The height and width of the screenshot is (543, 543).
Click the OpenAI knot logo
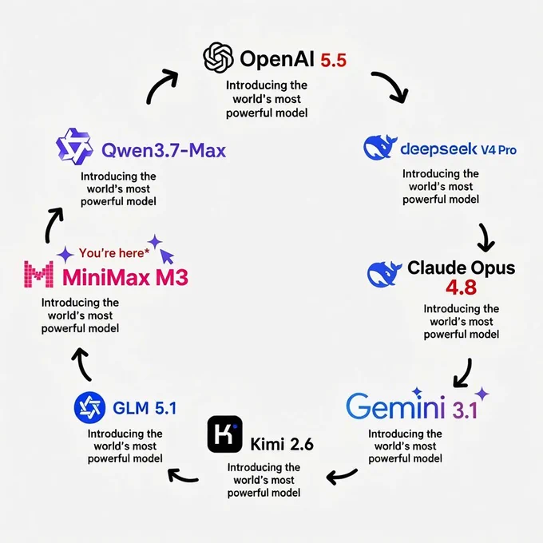coord(218,57)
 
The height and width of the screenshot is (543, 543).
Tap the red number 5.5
coord(333,60)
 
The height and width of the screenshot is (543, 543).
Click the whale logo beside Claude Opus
coord(383,274)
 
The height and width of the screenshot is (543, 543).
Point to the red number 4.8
coord(461,287)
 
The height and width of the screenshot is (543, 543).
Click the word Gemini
coord(395,406)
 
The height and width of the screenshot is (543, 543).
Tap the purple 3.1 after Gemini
coord(465,410)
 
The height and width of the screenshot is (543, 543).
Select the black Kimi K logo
coord(224,434)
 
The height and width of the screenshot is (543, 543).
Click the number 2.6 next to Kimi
coord(300,444)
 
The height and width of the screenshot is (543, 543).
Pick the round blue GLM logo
coord(89,407)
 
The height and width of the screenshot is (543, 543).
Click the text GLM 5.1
coord(145,408)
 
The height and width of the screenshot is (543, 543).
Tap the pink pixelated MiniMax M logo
coord(38,274)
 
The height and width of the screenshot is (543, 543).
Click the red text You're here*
coord(114,253)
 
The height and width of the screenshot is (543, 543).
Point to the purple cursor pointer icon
coord(167,256)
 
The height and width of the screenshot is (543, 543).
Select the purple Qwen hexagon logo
coord(74,146)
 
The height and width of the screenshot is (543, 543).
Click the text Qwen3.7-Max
coord(164,150)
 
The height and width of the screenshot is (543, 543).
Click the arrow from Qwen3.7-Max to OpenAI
coord(159,83)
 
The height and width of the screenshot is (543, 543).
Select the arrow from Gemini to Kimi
coord(341,476)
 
